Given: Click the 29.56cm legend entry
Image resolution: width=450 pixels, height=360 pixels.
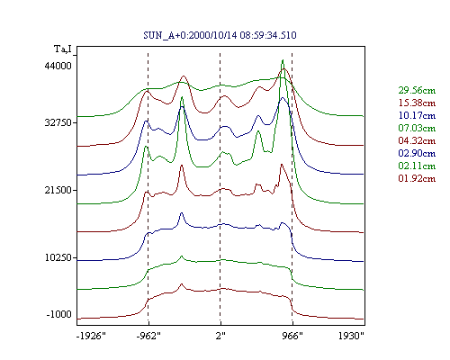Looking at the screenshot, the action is [x=417, y=90].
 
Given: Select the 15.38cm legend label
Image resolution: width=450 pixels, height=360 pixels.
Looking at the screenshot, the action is [x=417, y=103].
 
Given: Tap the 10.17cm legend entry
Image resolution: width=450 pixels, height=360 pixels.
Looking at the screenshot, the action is [x=417, y=115].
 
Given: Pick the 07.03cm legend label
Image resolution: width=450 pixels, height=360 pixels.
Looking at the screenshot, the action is [x=417, y=128].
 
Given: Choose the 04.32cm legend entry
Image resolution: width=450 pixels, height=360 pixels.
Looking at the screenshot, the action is [x=417, y=140].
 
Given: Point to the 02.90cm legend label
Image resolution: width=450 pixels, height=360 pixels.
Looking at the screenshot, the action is [x=417, y=153].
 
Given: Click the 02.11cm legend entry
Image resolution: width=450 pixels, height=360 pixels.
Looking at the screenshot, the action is [x=417, y=166].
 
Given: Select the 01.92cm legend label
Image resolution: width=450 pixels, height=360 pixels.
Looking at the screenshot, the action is [x=417, y=178].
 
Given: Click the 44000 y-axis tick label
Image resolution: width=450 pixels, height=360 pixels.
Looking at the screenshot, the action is [x=58, y=66].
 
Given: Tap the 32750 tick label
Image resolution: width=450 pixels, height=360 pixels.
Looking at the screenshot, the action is [x=58, y=122].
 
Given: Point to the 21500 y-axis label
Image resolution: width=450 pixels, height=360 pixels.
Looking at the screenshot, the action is [x=58, y=190].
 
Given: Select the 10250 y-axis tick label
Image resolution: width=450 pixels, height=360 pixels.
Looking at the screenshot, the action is [x=58, y=257].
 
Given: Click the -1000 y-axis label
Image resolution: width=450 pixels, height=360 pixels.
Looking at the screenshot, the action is [x=59, y=314].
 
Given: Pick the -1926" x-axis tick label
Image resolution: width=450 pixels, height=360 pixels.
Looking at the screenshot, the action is [x=91, y=336].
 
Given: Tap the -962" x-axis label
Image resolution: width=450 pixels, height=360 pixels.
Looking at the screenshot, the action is [x=148, y=336].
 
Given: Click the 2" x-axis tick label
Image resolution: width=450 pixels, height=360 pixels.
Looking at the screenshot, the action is [x=220, y=336].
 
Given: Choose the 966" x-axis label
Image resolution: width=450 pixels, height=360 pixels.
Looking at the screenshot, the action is [x=292, y=336].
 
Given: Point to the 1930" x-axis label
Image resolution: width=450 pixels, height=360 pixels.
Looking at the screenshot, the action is [x=351, y=336].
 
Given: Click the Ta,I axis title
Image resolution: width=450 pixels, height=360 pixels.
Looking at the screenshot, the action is [x=63, y=49].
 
